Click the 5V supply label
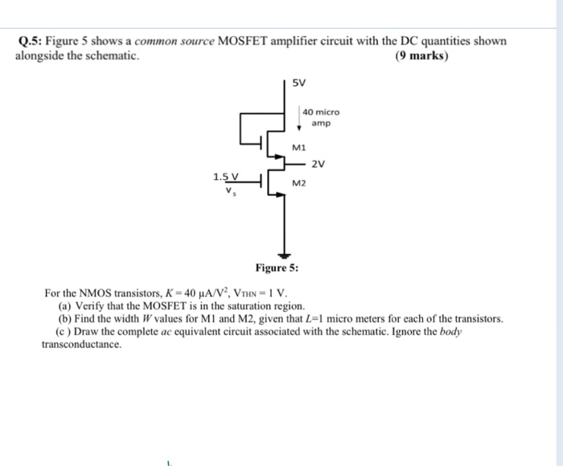point(298,83)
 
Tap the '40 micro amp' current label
point(321,118)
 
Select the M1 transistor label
point(299,148)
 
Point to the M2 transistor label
point(299,184)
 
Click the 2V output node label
point(318,165)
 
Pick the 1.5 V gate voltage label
point(226,177)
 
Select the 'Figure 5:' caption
point(277,268)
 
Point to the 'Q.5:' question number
point(30,42)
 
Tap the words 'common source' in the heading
point(174,42)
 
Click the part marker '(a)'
point(65,306)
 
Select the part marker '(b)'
point(65,319)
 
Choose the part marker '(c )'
point(64,331)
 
